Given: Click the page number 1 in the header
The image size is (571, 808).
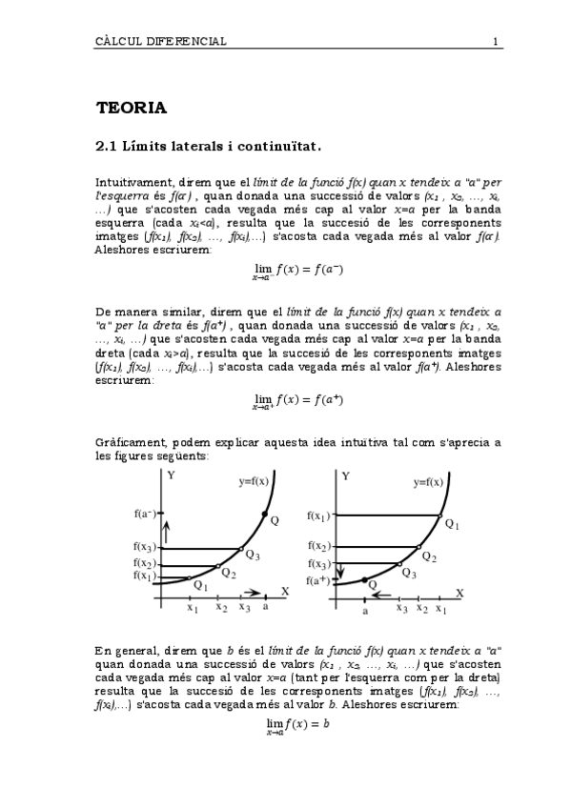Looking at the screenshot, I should click(496, 42).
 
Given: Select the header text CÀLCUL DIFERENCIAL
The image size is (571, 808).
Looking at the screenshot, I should click(161, 42).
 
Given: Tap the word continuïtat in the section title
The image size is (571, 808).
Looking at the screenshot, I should click(280, 148).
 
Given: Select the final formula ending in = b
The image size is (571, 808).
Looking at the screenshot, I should click(298, 725).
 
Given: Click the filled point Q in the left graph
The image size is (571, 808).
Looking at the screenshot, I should click(264, 515).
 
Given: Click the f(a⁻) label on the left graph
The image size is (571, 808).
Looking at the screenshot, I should click(146, 515).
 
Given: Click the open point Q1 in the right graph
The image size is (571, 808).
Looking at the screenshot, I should click(441, 515).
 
